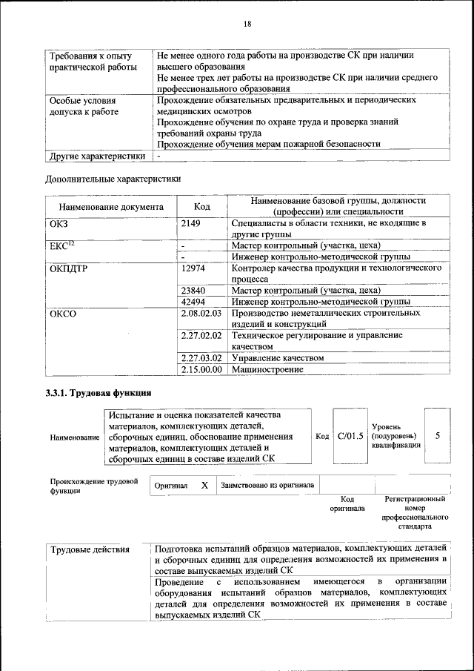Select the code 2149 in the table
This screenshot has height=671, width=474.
click(x=191, y=223)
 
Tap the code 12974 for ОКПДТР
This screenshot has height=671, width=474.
click(x=193, y=268)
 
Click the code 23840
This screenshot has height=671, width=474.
click(x=193, y=291)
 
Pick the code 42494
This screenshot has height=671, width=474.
click(x=193, y=302)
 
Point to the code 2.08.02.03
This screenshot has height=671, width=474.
click(x=201, y=314)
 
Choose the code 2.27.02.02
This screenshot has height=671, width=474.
click(x=201, y=336)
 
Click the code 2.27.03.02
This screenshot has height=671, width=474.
click(x=201, y=358)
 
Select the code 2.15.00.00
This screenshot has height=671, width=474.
click(x=201, y=369)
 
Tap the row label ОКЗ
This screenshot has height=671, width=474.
click(x=58, y=223)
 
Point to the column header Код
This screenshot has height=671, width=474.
click(x=203, y=207)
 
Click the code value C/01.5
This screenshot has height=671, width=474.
click(x=350, y=436)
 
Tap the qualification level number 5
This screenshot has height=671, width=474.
click(x=438, y=436)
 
